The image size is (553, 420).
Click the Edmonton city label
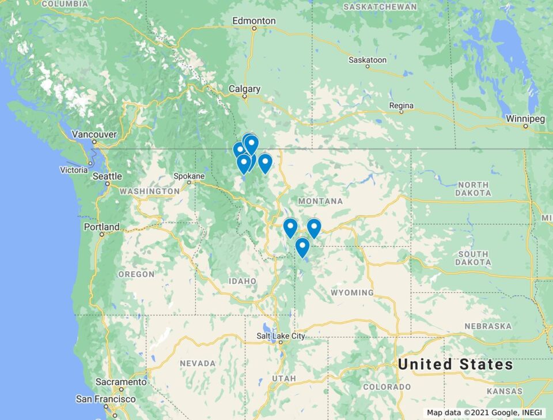(254, 21)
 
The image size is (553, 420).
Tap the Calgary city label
(244, 89)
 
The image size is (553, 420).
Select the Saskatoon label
(368, 60)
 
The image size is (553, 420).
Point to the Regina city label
(401, 106)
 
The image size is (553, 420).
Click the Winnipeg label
(525, 119)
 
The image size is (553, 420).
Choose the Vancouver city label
(94, 135)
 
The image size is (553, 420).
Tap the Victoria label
(74, 170)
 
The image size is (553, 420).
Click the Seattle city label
(108, 177)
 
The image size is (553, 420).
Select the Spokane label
(189, 176)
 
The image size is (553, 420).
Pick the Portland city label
(101, 227)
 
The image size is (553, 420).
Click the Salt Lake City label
(281, 336)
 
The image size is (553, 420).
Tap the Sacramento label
(121, 382)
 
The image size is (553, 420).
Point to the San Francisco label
(106, 399)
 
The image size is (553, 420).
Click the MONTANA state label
(320, 201)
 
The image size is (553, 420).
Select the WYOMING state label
(352, 293)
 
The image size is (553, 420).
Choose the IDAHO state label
(242, 281)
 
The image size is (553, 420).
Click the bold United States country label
(455, 364)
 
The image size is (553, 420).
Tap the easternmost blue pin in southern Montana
(314, 228)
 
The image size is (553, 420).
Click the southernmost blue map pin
(302, 247)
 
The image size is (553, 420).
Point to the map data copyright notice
(486, 413)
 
